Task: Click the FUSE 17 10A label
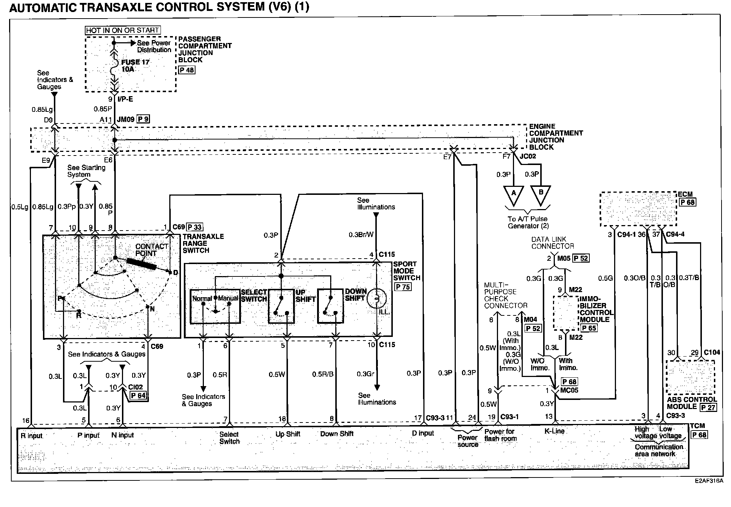135,66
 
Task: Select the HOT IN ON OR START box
123,30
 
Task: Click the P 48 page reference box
187,70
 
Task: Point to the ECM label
685,194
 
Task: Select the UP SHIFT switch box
281,306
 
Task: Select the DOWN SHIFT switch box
330,306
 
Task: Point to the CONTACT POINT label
151,250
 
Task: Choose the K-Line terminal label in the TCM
554,431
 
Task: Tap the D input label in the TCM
423,433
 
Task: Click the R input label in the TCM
32,436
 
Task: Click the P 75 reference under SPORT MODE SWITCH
403,287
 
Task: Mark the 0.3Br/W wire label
361,235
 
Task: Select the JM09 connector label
126,119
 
